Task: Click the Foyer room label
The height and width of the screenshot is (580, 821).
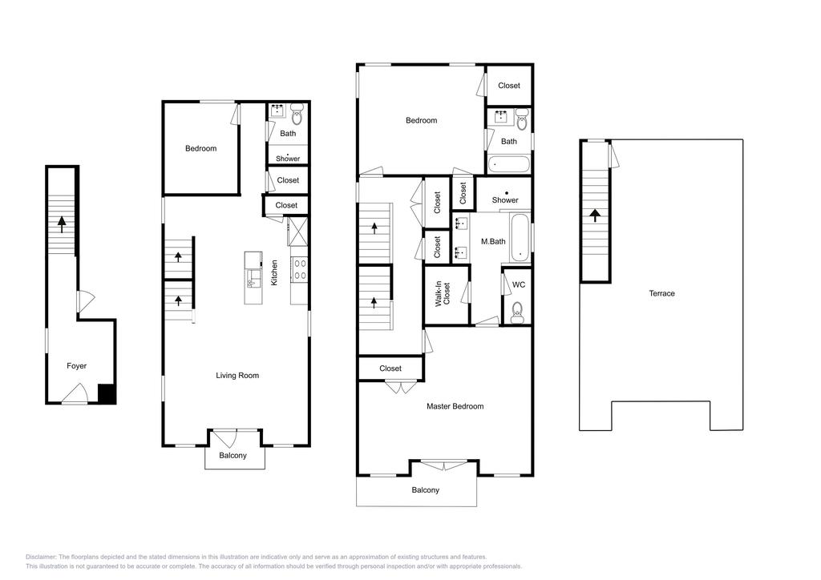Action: point(76,366)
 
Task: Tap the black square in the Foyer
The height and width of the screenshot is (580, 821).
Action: point(107,393)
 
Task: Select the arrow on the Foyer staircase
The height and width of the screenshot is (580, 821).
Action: point(62,224)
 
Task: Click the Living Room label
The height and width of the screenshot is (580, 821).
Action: point(237,375)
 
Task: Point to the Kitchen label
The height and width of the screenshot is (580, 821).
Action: point(274,272)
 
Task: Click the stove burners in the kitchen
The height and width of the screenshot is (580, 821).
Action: point(299,268)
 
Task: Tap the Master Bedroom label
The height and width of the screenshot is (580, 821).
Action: point(455,406)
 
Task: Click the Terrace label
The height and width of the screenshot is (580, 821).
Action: point(661,293)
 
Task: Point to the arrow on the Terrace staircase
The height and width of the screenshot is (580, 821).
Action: point(594,214)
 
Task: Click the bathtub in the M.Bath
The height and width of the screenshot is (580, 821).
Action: point(520,238)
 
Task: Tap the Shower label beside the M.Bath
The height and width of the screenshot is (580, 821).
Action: point(505,200)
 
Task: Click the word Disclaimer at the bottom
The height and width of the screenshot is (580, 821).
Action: point(41,557)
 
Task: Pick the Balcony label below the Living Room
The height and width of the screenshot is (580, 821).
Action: point(233,456)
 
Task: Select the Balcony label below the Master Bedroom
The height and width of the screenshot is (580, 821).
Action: point(426,490)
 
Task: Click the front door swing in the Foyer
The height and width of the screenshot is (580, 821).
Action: point(75,393)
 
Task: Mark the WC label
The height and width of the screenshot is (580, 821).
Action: point(519,284)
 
